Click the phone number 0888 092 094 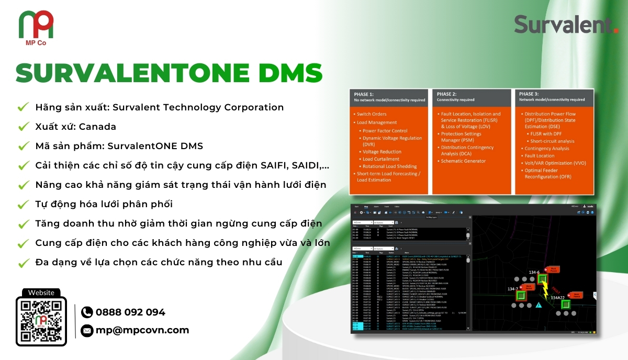point(130,312)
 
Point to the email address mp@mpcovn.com point(142,330)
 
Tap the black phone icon point(87,312)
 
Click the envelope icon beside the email point(87,330)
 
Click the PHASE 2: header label point(448,94)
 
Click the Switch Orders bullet point(372,114)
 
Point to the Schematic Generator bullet point(464,161)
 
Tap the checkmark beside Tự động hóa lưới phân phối point(23,205)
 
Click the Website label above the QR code point(41,293)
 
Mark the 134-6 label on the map point(534,272)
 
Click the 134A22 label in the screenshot point(558,298)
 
